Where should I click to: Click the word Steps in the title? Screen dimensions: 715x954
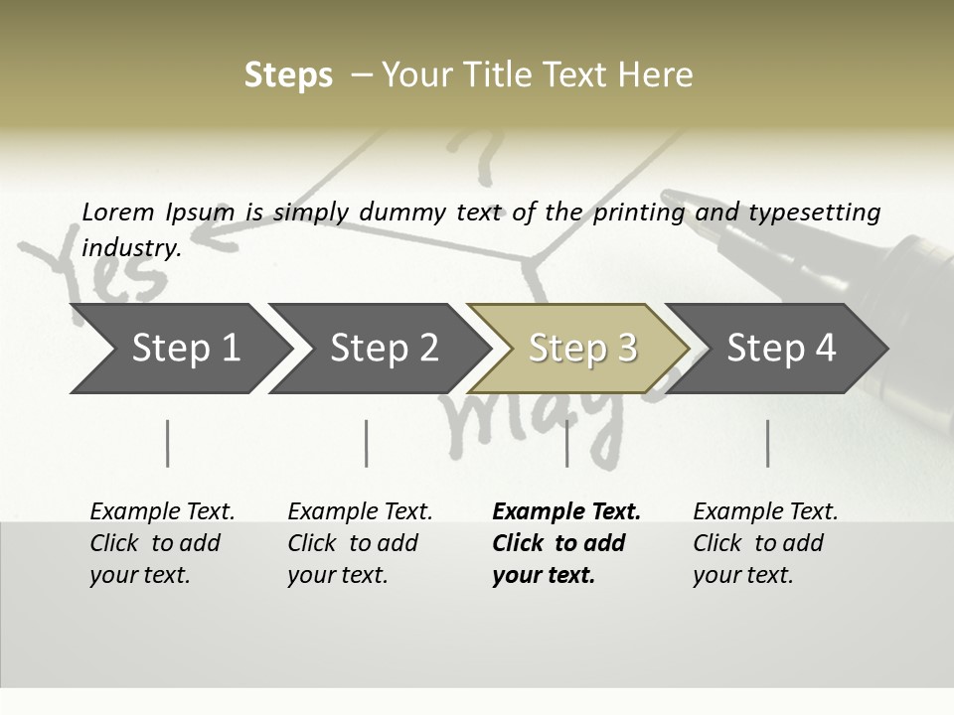coord(288,74)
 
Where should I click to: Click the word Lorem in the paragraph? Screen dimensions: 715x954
coord(118,212)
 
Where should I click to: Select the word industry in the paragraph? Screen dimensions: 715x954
coord(131,247)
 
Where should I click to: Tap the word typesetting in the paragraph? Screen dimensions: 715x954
coord(814,212)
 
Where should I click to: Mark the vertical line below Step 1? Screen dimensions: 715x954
coord(168,443)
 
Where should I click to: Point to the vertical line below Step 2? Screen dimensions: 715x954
coord(367,443)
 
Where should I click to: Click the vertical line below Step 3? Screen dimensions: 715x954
coord(566,443)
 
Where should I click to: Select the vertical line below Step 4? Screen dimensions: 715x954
coord(767,443)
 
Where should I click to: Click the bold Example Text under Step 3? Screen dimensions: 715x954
coord(566,511)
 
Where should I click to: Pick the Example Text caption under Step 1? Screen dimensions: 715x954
coord(162,511)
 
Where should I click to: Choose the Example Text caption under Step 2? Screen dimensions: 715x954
coord(360,511)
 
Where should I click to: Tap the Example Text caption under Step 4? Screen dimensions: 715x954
coord(765,511)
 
